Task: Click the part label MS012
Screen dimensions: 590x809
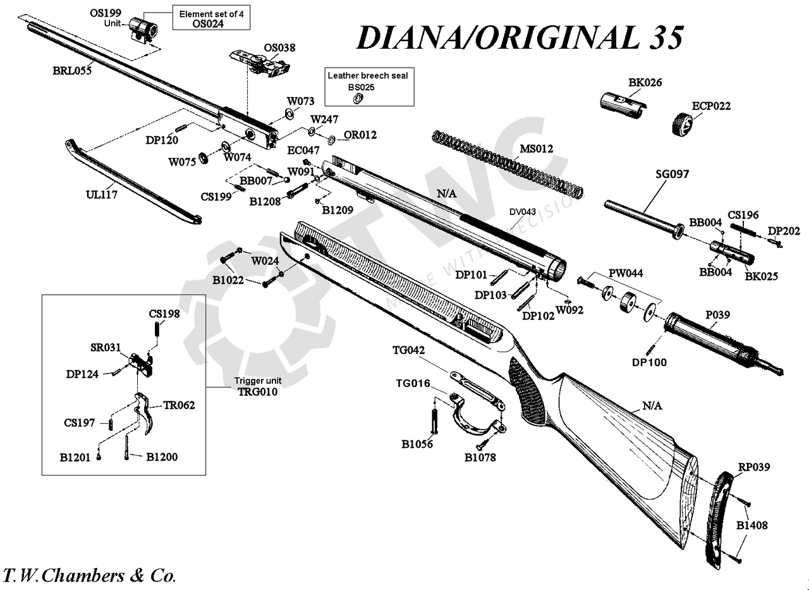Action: (536, 149)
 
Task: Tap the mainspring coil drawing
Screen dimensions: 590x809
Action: (506, 161)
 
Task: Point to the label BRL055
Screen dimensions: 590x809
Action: (72, 71)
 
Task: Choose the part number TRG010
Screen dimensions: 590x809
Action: (258, 391)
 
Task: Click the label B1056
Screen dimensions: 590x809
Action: (417, 444)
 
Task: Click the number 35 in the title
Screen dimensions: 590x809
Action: (664, 38)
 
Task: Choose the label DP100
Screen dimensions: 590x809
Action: (649, 362)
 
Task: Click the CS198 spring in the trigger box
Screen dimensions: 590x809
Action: (156, 329)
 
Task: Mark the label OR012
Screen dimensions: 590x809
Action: (360, 135)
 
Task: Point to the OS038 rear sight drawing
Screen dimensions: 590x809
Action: (259, 63)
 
